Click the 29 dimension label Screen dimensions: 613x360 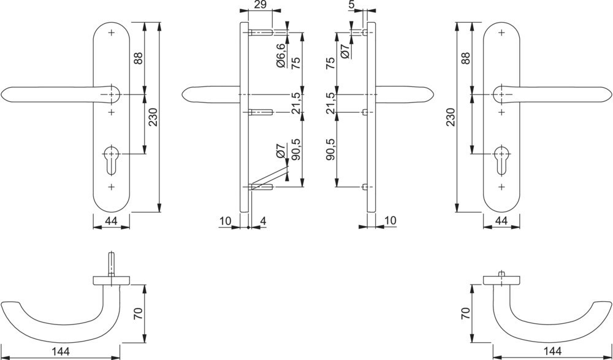pyautogui.click(x=260, y=5)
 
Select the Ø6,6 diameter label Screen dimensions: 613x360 pyautogui.click(x=281, y=56)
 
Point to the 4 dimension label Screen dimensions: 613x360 pyautogui.click(x=263, y=221)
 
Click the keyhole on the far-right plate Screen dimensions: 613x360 pyautogui.click(x=501, y=161)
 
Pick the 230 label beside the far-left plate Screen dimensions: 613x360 pyautogui.click(x=153, y=117)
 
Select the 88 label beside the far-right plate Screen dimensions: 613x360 pyautogui.click(x=465, y=58)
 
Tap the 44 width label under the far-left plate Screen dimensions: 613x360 pyautogui.click(x=111, y=221)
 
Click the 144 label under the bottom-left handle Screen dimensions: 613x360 pyautogui.click(x=61, y=351)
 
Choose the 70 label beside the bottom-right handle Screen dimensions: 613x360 pyautogui.click(x=465, y=313)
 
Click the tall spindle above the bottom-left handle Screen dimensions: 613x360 pyautogui.click(x=112, y=264)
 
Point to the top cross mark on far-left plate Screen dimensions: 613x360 pyautogui.click(x=112, y=33)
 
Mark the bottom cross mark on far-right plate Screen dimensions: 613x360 pyautogui.click(x=501, y=187)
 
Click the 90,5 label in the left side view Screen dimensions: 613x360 pyautogui.click(x=296, y=150)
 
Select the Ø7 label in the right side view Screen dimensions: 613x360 pyautogui.click(x=345, y=51)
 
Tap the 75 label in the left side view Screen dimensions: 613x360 pyautogui.click(x=296, y=63)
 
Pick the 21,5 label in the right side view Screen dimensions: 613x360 pyautogui.click(x=330, y=103)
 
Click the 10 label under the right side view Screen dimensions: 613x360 pyautogui.click(x=389, y=221)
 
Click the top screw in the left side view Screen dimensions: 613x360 pyautogui.click(x=260, y=33)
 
